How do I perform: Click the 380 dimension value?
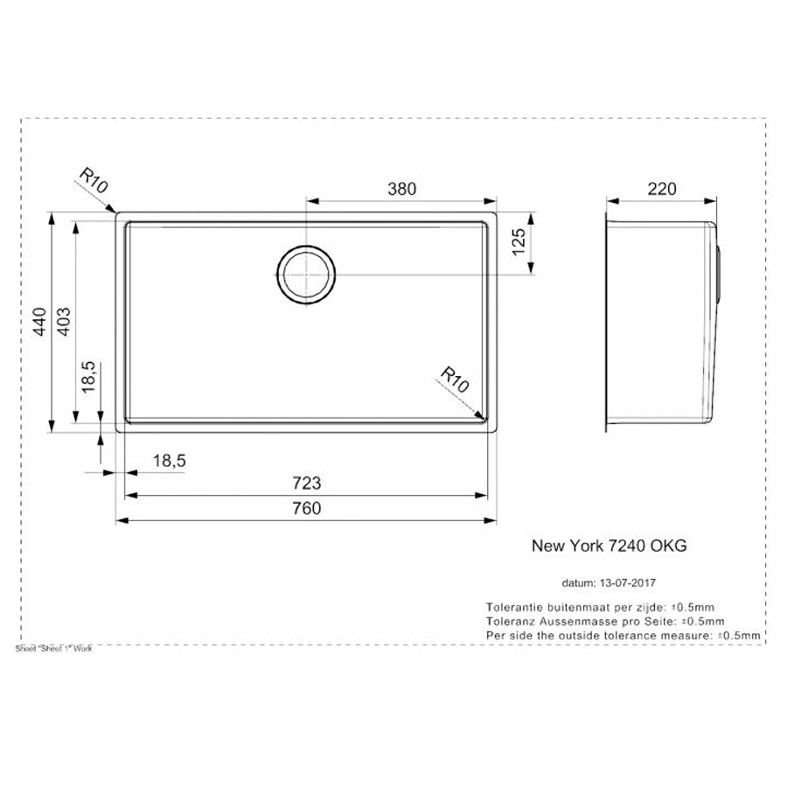pos(401,189)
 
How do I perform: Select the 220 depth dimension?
pos(662,189)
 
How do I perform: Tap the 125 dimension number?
pos(519,242)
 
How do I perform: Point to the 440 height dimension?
pos(39,322)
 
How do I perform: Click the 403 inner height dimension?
pos(64,322)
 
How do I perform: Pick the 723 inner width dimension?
pos(306,483)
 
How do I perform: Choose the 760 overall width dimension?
pos(306,508)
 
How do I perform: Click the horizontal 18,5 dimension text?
pos(169,460)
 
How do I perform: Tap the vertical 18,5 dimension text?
pos(88,377)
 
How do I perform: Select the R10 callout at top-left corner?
pos(94,181)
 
